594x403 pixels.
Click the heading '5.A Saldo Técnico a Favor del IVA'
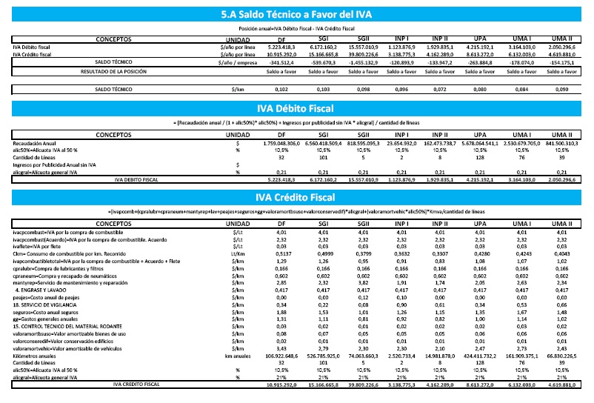click(296, 14)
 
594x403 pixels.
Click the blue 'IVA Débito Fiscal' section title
click(296, 109)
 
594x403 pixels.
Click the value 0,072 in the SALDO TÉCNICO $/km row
click(439, 89)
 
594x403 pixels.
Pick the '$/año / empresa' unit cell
click(237, 63)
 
